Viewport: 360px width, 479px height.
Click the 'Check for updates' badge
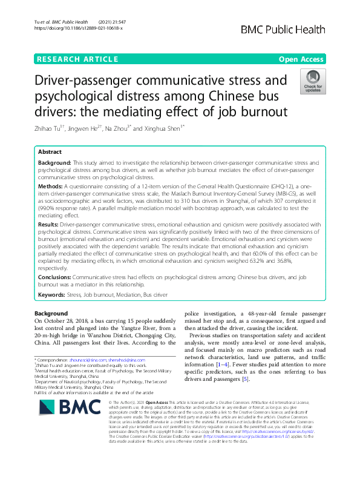coord(313,82)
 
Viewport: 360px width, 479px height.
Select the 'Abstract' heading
coord(50,153)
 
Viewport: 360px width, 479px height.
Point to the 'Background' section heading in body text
coord(51,314)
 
